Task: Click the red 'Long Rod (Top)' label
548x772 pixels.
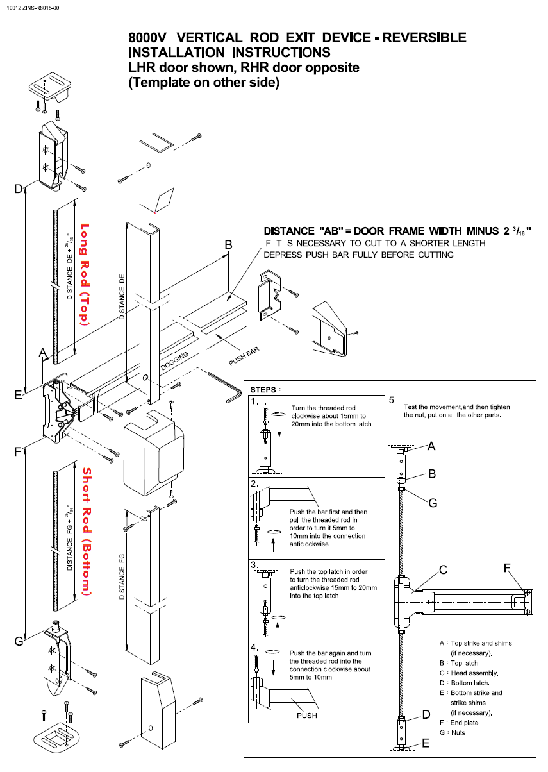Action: coord(83,276)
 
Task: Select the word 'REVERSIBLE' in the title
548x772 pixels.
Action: coord(425,38)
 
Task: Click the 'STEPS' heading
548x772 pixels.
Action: coord(263,390)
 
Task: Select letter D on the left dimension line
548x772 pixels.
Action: coord(19,188)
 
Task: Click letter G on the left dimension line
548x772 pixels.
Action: coord(19,641)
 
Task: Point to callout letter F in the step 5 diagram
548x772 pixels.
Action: coord(507,567)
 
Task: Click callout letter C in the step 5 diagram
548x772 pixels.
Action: coord(442,569)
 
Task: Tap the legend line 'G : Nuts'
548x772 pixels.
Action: coord(453,732)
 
